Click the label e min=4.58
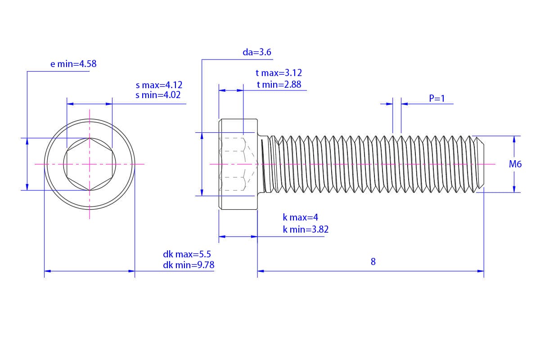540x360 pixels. point(73,64)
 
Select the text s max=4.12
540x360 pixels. point(159,85)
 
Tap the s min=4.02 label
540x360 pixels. point(158,95)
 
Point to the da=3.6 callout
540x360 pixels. point(257,52)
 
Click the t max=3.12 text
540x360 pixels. point(279,73)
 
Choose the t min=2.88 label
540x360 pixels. point(279,85)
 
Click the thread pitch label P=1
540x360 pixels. point(437,99)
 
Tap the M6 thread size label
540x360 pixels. point(515,164)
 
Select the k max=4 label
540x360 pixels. point(301,217)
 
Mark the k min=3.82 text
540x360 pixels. point(306,229)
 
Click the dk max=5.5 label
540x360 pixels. point(187,254)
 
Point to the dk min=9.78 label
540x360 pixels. point(189,265)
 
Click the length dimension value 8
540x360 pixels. point(373,261)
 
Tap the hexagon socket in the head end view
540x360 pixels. point(90,164)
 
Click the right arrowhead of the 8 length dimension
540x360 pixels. point(481,271)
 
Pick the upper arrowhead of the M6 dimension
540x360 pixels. point(514,139)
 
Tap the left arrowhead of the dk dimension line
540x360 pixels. point(48,271)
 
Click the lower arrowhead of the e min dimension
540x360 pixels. point(27,187)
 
